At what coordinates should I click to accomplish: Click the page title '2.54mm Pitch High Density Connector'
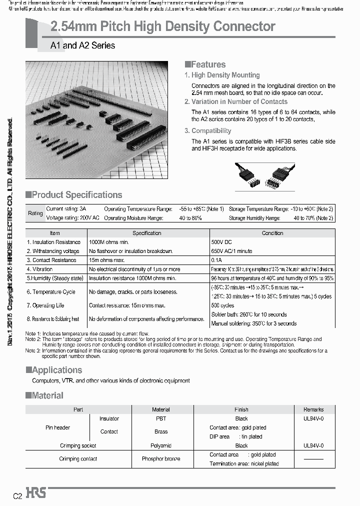(163, 26)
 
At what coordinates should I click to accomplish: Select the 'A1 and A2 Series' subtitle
(82, 45)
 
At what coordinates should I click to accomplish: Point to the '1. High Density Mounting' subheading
(222, 75)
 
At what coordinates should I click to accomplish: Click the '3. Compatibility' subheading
(208, 130)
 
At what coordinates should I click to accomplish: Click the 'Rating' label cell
(35, 213)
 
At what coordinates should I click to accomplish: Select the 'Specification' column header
(147, 233)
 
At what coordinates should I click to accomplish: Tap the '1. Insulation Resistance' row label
(53, 242)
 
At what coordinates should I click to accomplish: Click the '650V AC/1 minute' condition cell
(232, 251)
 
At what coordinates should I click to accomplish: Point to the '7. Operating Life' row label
(45, 305)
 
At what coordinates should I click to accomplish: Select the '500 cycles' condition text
(223, 305)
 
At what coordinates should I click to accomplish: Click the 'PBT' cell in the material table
(160, 418)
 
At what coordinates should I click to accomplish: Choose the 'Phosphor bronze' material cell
(160, 459)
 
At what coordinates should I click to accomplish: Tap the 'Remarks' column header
(313, 409)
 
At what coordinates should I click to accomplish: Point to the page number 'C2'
(17, 496)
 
